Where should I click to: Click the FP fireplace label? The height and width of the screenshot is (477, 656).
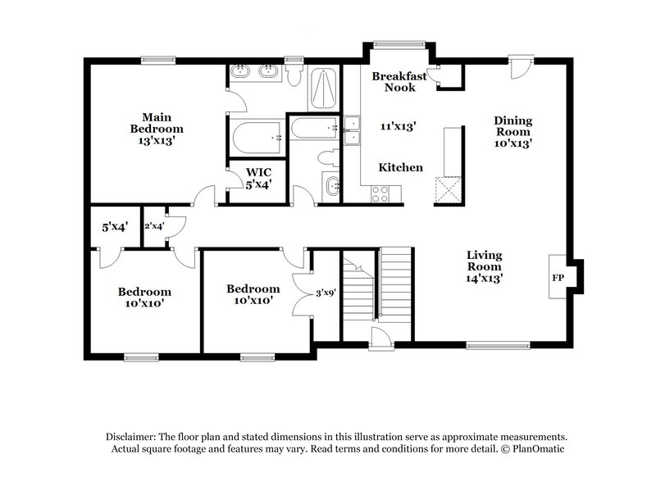tap(558, 278)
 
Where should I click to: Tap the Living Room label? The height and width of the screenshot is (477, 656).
tap(485, 266)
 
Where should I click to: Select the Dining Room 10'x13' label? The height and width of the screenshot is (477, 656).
tap(512, 131)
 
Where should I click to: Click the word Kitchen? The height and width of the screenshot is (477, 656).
tap(400, 167)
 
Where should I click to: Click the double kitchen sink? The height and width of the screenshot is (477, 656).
tap(352, 130)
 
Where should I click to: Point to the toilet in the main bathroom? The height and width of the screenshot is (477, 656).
tap(294, 74)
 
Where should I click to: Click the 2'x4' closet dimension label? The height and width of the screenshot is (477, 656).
tap(154, 225)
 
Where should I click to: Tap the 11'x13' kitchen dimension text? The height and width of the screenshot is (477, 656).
tap(399, 126)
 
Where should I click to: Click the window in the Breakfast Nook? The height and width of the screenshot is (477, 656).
tap(392, 45)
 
